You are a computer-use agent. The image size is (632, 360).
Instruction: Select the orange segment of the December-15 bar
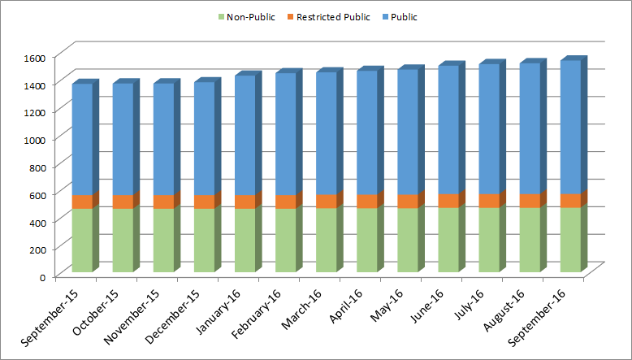point(204,202)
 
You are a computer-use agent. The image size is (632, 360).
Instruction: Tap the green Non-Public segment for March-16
point(326,240)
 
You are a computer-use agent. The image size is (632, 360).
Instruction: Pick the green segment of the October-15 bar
point(123,240)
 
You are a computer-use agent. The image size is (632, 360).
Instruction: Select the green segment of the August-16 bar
point(529,239)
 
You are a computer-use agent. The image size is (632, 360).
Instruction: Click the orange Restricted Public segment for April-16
point(366,201)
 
